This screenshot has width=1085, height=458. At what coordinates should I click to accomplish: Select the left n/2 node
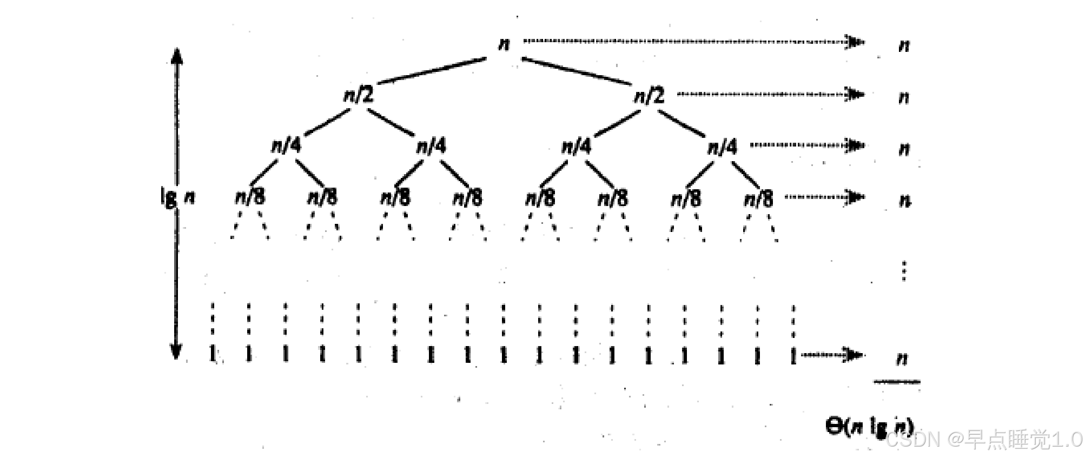359,96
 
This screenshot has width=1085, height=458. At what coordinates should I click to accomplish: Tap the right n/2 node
649,96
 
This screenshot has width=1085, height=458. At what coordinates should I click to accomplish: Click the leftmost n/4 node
286,146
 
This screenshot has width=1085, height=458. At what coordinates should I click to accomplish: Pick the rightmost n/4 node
722,147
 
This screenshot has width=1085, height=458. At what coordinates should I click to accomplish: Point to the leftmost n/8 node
250,197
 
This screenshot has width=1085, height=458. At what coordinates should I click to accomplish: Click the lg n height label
177,197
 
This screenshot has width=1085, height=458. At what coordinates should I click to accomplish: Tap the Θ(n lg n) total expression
869,427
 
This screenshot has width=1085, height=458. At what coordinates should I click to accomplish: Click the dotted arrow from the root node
692,41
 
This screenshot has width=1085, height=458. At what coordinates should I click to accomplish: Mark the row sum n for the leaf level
902,359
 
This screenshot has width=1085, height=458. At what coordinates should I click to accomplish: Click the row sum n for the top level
903,45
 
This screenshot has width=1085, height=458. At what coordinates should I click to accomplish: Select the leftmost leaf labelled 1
212,355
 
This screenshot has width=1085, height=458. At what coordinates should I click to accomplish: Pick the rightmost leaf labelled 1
793,355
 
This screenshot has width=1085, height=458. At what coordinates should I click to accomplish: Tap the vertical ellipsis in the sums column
904,270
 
